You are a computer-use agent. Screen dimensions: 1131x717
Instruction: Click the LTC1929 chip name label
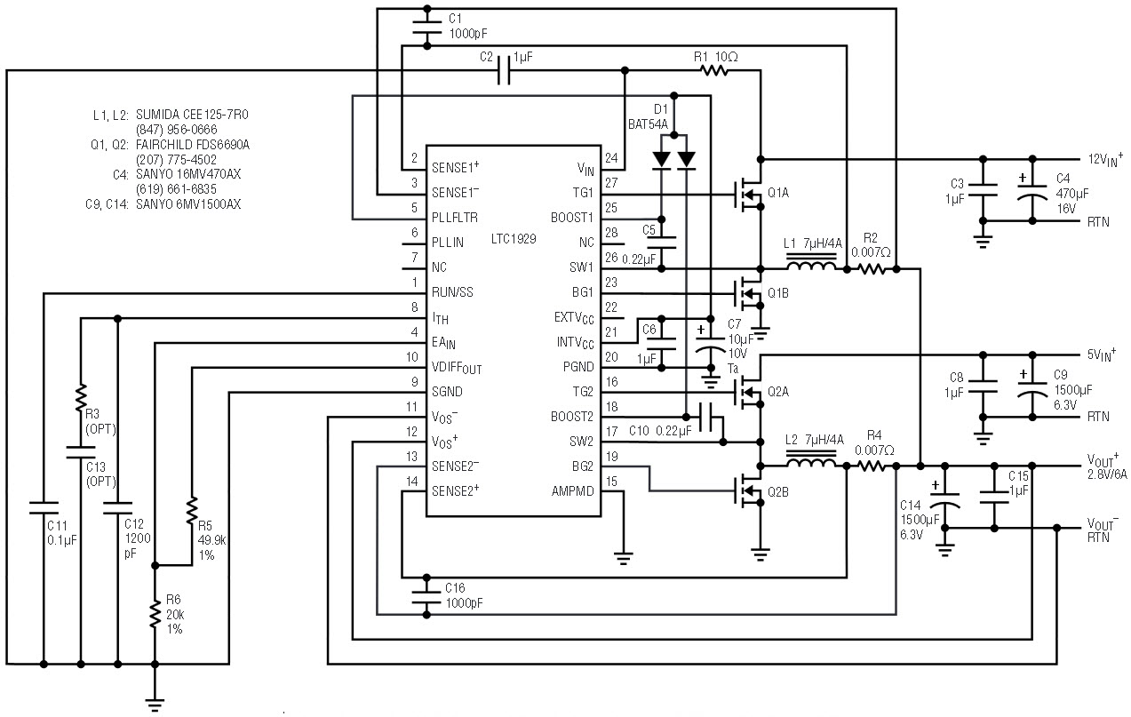pyautogui.click(x=514, y=239)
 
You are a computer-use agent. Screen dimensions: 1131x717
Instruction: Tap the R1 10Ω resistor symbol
pyautogui.click(x=715, y=71)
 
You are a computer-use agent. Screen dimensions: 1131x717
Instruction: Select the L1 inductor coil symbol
pyautogui.click(x=811, y=265)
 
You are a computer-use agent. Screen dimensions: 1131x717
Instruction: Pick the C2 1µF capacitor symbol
pyautogui.click(x=504, y=71)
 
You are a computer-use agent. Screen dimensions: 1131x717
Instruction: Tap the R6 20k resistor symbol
pyautogui.click(x=155, y=616)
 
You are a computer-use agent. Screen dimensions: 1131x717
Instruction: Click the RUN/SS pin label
pyautogui.click(x=452, y=292)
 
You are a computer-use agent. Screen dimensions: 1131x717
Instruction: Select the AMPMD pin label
pyautogui.click(x=572, y=491)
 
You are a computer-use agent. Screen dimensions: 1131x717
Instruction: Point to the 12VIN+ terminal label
pyautogui.click(x=1105, y=159)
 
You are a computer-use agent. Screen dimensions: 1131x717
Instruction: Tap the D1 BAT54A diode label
pyautogui.click(x=649, y=116)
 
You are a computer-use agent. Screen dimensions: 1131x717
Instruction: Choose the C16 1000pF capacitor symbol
pyautogui.click(x=426, y=596)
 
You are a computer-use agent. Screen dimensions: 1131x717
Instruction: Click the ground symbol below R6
pyautogui.click(x=155, y=704)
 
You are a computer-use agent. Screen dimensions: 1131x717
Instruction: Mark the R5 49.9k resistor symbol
pyautogui.click(x=192, y=510)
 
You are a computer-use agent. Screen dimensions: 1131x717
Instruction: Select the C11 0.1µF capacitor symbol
pyautogui.click(x=44, y=508)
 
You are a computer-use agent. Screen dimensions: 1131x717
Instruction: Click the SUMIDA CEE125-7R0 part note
pyautogui.click(x=192, y=115)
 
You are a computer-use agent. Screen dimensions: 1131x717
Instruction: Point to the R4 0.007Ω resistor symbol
pyautogui.click(x=871, y=466)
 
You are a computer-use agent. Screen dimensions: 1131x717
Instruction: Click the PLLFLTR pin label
pyautogui.click(x=454, y=218)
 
